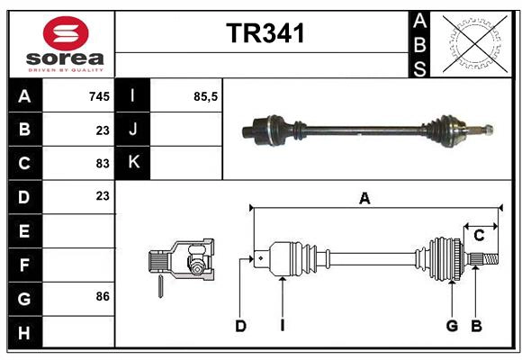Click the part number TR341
point(265,32)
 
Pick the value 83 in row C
point(103,163)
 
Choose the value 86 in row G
point(103,296)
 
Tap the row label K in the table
point(133,163)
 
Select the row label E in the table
point(23,231)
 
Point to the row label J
point(133,130)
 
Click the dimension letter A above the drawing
point(364,199)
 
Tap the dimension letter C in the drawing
point(479,236)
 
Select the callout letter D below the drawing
point(240,326)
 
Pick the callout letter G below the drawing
point(452,326)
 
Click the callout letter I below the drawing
point(282,326)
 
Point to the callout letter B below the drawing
point(477,326)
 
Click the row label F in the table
point(23,265)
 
